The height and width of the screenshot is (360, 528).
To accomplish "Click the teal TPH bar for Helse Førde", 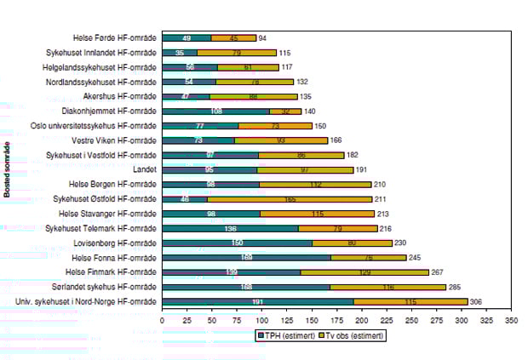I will pos(186,37).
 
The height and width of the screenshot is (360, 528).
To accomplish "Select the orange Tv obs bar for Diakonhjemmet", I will pos(285,111).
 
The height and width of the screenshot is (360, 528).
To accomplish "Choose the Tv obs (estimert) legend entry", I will pos(349,335).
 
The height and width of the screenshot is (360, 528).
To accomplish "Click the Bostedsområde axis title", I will pos(7,169).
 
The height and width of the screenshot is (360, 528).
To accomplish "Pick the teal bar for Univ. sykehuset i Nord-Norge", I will pos(257,301).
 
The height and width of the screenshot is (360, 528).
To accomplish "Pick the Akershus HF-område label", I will pos(120,96).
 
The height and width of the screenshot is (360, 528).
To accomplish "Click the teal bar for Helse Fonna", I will pos(246,257).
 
